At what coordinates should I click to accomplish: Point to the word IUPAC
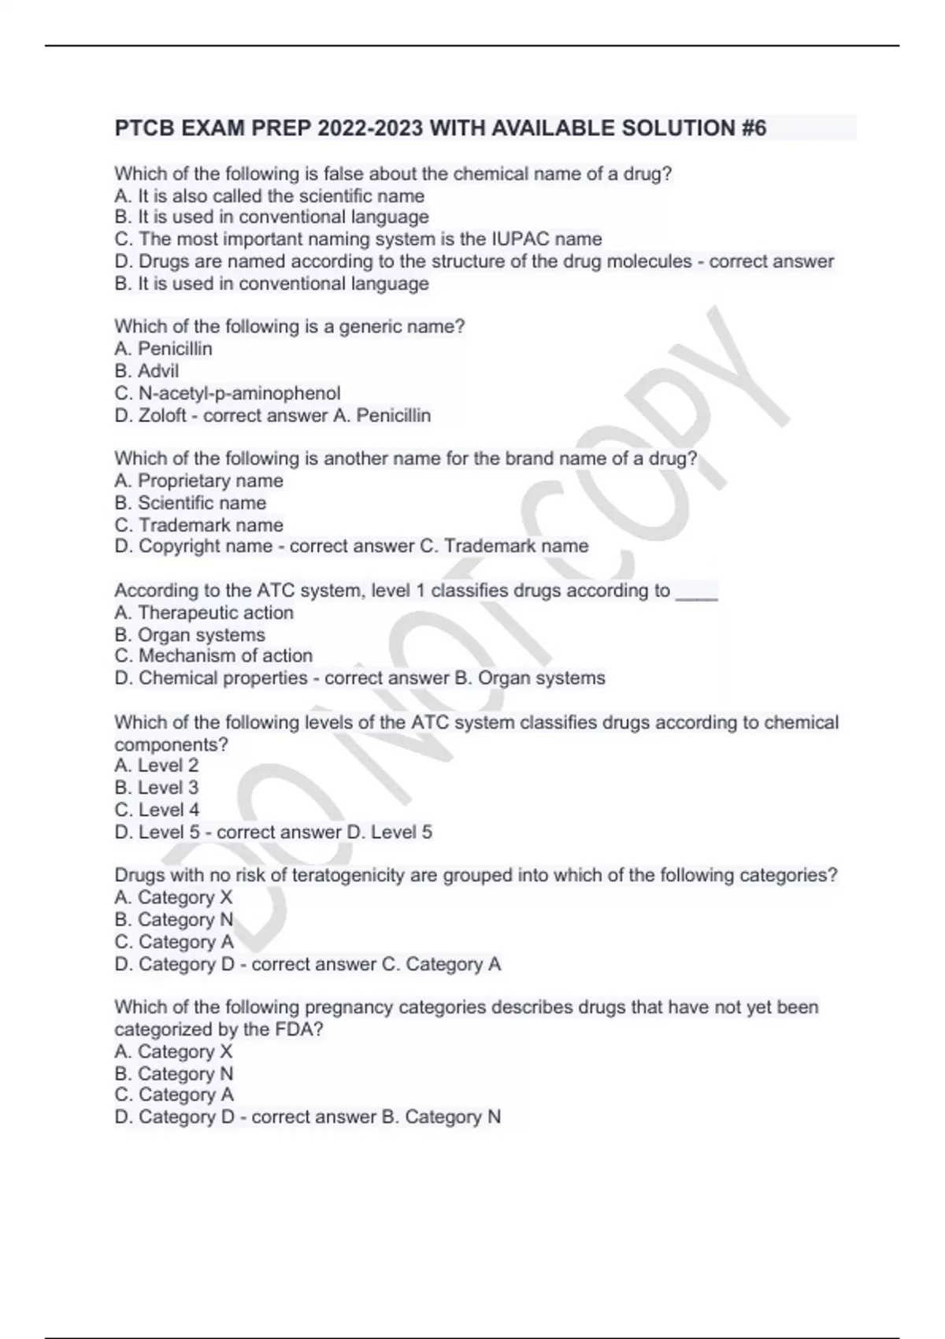(520, 239)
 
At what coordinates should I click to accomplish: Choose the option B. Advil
(146, 371)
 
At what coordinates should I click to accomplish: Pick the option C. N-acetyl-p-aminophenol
(228, 393)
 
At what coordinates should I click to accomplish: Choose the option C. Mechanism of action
(213, 656)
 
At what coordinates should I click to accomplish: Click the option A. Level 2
(156, 766)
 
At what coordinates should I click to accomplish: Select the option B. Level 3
(156, 788)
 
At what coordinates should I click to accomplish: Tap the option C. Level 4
(157, 810)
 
